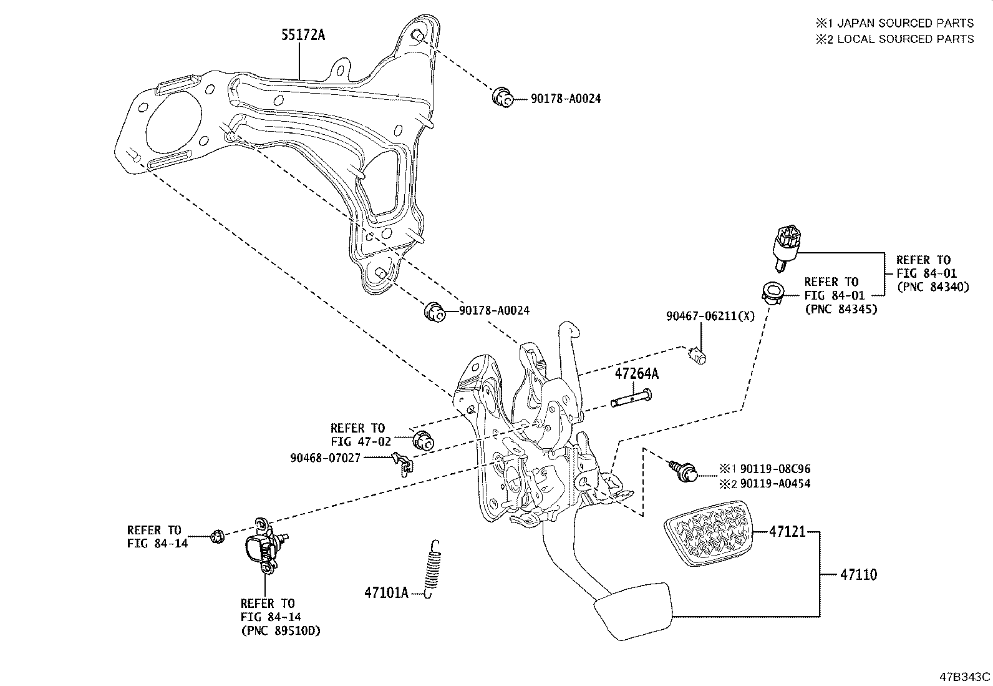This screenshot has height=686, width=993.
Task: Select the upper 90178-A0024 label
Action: tap(566, 99)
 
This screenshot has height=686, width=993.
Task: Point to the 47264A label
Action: tap(636, 375)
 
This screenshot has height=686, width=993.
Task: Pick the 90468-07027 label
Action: tap(325, 458)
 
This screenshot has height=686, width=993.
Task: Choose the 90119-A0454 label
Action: tap(775, 483)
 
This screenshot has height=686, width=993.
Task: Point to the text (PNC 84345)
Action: tap(840, 308)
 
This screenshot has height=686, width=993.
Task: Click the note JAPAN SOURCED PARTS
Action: tap(904, 23)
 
